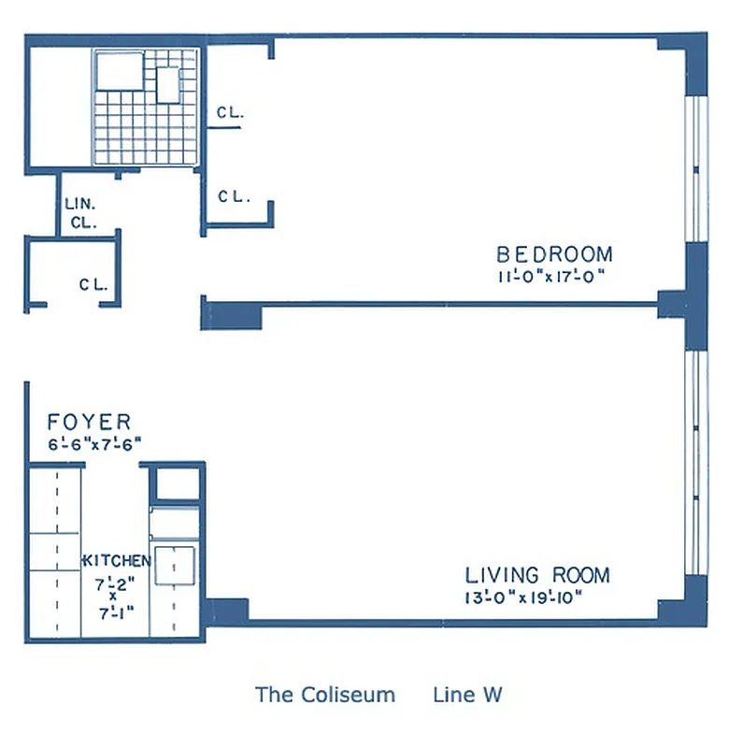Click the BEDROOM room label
[554, 254]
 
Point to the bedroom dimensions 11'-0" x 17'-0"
[554, 276]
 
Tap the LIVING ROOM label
[537, 575]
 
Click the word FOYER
[90, 423]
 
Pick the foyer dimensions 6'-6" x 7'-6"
[93, 445]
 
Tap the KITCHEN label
[118, 561]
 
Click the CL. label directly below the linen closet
[93, 285]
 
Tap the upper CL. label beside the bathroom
[230, 113]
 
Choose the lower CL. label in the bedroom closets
[231, 196]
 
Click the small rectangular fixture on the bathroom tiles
[168, 85]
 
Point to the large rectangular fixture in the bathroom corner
[119, 69]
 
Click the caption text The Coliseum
[325, 695]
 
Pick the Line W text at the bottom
[467, 695]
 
